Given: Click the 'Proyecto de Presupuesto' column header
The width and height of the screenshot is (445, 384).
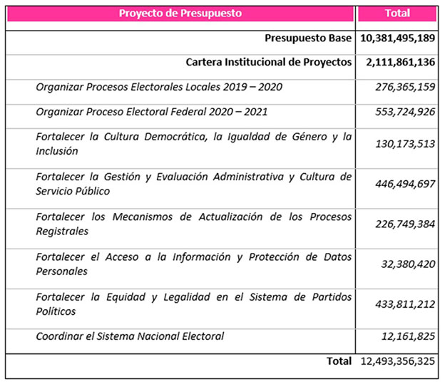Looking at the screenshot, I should tap(180, 13).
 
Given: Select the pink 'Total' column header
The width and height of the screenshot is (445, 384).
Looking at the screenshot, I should tap(397, 13).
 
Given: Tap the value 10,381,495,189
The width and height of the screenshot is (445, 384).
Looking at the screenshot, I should tap(398, 38).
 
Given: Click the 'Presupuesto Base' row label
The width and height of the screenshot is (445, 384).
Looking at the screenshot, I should tap(308, 38).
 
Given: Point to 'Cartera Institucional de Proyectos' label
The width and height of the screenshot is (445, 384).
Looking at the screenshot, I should tap(269, 62).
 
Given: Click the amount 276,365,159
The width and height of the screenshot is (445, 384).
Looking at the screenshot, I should tap(405, 87).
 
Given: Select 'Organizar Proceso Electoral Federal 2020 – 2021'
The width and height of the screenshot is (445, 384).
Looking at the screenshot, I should tap(153, 112).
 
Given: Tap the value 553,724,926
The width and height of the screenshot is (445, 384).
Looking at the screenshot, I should tap(405, 112).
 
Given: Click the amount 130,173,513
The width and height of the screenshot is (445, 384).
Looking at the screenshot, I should tap(405, 144).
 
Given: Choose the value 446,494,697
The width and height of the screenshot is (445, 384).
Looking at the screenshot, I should tap(405, 184).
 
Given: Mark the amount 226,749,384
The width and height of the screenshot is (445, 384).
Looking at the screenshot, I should tap(405, 224).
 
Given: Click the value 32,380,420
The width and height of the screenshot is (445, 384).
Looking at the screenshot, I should tap(409, 264).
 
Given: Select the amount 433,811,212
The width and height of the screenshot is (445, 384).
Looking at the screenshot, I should tap(405, 303).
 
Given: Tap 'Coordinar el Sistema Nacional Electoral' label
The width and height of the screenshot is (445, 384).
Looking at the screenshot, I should tap(130, 336).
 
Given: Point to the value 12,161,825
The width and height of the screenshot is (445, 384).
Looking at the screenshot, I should tap(409, 336).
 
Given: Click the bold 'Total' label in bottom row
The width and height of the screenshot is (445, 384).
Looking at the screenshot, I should tap(339, 361).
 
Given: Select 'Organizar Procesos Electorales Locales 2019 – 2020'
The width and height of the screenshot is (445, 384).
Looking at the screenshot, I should tap(159, 87).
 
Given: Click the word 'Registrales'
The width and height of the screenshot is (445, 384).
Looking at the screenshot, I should tap(62, 232).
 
